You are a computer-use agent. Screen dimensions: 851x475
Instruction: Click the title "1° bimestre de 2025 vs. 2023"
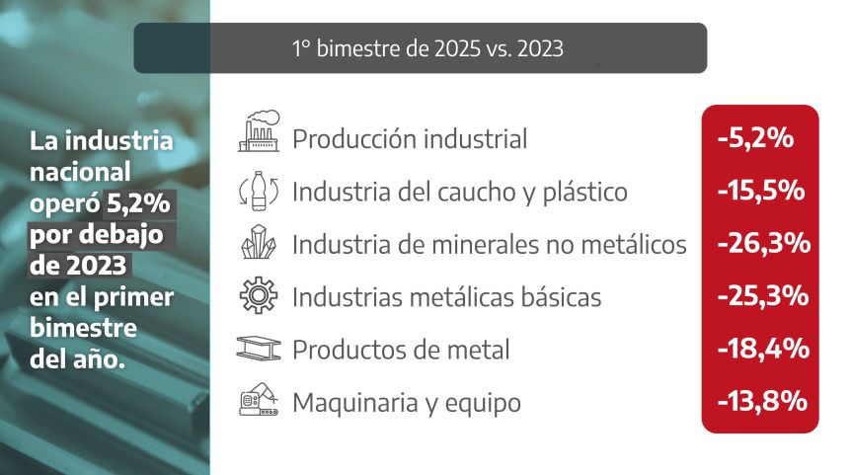pyautogui.click(x=427, y=48)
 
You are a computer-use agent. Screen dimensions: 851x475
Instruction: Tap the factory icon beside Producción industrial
pyautogui.click(x=259, y=130)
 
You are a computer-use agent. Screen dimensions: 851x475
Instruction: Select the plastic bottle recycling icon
pyautogui.click(x=259, y=191)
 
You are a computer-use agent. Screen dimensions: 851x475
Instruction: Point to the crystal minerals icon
pyautogui.click(x=259, y=242)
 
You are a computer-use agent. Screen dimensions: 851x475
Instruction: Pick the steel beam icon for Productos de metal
pyautogui.click(x=259, y=348)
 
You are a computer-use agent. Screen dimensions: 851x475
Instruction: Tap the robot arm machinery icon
pyautogui.click(x=259, y=400)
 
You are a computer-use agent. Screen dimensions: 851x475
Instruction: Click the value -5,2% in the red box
pyautogui.click(x=755, y=138)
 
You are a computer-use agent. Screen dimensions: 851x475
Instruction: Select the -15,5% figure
pyautogui.click(x=761, y=191)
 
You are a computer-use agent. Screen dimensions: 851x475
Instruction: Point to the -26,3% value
pyautogui.click(x=763, y=243)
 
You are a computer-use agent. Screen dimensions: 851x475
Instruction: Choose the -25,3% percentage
pyautogui.click(x=763, y=296)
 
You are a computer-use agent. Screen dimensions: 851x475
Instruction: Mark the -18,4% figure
pyautogui.click(x=763, y=349)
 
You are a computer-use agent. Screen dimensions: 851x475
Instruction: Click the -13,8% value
pyautogui.click(x=762, y=401)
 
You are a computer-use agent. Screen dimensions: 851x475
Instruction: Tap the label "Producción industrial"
pyautogui.click(x=410, y=138)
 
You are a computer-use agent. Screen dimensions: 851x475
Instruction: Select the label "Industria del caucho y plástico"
pyautogui.click(x=460, y=193)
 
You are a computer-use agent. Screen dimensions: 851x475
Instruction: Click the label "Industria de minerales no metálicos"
pyautogui.click(x=490, y=244)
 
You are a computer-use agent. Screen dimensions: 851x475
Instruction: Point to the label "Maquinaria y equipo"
pyautogui.click(x=407, y=403)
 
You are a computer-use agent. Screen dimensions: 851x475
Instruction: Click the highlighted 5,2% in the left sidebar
pyautogui.click(x=139, y=203)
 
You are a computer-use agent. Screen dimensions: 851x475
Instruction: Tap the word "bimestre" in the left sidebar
pyautogui.click(x=83, y=328)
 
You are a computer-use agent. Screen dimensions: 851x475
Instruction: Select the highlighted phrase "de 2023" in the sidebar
pyautogui.click(x=78, y=266)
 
